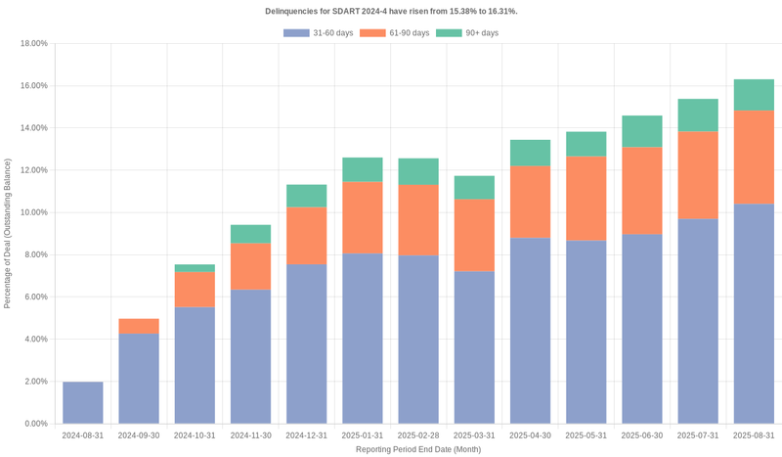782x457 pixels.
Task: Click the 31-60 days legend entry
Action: [319, 33]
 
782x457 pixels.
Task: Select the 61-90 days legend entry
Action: [394, 33]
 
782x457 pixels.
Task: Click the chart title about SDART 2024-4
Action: [391, 11]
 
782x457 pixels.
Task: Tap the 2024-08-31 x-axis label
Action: [83, 435]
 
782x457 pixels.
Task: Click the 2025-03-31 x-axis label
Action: [474, 435]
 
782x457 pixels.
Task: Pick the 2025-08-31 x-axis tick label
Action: [754, 435]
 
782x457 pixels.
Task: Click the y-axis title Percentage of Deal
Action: [8, 234]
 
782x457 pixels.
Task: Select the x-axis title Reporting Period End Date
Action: [417, 450]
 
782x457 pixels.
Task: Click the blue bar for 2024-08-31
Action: [83, 402]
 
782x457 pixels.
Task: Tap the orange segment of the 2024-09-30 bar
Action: [139, 326]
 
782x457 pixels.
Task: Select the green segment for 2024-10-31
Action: [195, 267]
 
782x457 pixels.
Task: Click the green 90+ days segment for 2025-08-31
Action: [754, 95]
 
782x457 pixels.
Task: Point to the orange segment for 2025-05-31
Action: [586, 198]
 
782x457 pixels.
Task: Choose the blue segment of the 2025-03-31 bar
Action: [474, 347]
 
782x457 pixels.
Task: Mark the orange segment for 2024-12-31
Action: [306, 235]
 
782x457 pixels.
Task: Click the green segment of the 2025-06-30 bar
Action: [641, 131]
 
